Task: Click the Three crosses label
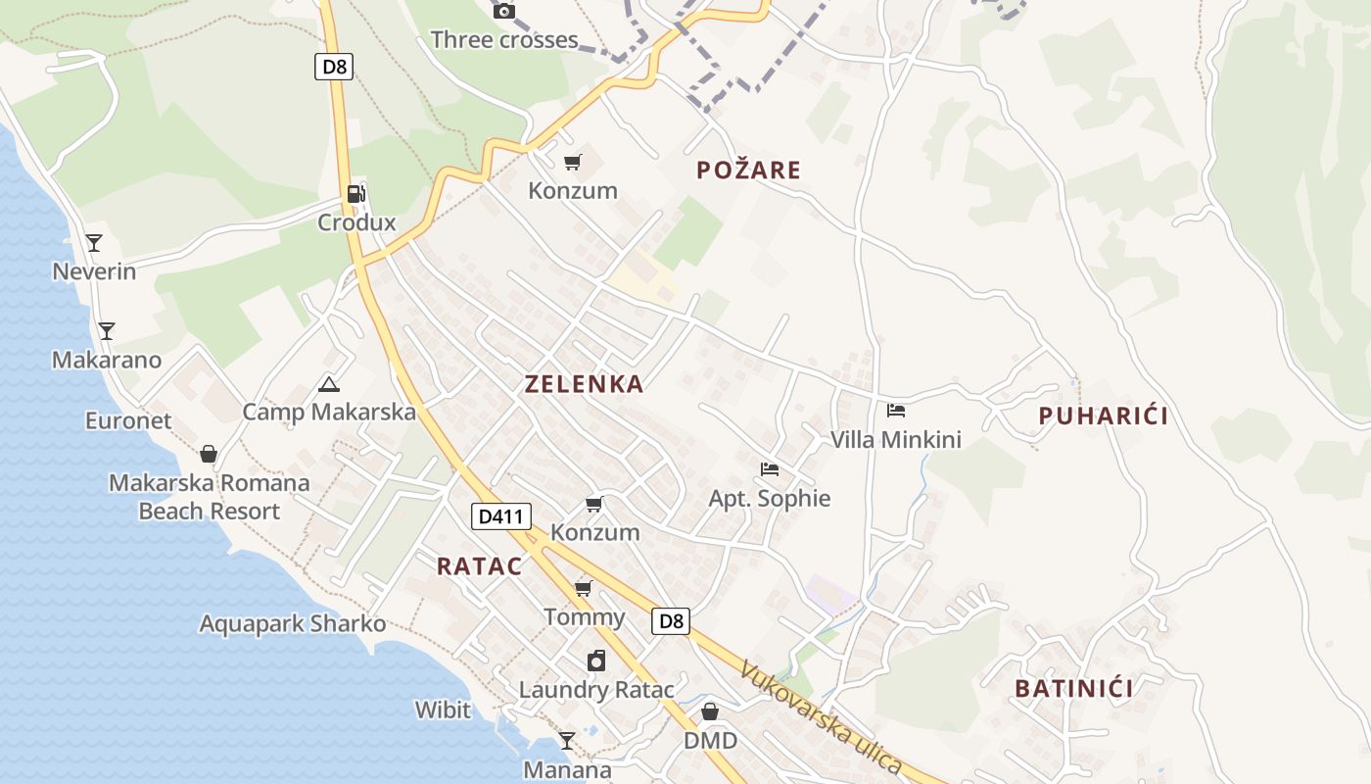(x=504, y=40)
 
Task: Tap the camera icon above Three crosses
(x=504, y=11)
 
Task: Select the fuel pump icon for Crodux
(x=356, y=194)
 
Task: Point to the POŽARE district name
(x=748, y=171)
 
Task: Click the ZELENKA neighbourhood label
(x=584, y=384)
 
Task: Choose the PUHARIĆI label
(x=1103, y=416)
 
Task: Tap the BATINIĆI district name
(x=1073, y=688)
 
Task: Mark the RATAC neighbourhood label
(x=479, y=565)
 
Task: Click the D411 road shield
(x=500, y=516)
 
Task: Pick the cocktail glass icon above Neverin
(x=94, y=242)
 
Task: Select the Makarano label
(x=107, y=360)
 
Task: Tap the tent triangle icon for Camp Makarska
(x=328, y=384)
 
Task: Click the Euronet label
(x=128, y=420)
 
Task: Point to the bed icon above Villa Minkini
(x=895, y=411)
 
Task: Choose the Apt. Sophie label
(x=770, y=498)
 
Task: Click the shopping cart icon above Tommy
(x=584, y=588)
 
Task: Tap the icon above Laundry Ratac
(x=596, y=661)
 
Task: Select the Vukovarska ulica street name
(x=820, y=716)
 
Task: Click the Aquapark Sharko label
(x=293, y=624)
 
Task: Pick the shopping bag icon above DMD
(x=710, y=711)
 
